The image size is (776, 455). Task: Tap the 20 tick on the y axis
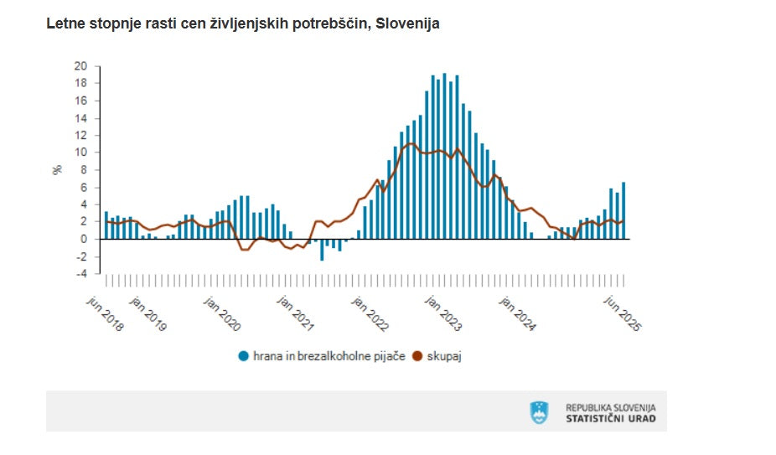coord(80,65)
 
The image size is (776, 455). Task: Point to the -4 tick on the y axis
coord(80,272)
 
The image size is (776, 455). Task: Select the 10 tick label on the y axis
coord(80,152)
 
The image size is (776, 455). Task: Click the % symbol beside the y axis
coord(58,168)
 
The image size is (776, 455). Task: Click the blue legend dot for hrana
coord(244,356)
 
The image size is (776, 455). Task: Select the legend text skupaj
coord(445,356)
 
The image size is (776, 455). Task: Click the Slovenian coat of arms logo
coord(539,412)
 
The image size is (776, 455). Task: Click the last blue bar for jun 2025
coord(623,210)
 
